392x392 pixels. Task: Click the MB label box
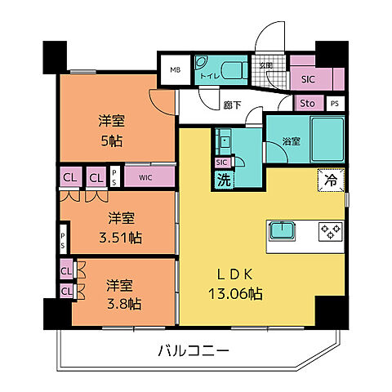[x=175, y=70]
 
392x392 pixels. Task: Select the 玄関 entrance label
[x=266, y=65]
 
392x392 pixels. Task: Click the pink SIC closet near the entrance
[x=308, y=79]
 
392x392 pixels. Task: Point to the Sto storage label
[x=307, y=104]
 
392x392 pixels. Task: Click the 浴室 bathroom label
[x=291, y=140]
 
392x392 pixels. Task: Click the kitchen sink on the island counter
[x=283, y=230]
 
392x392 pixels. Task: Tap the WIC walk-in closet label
[x=145, y=176]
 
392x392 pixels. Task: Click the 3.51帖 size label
[x=122, y=238]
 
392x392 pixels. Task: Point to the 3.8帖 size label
[x=123, y=304]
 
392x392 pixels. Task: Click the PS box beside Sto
[x=335, y=104]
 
